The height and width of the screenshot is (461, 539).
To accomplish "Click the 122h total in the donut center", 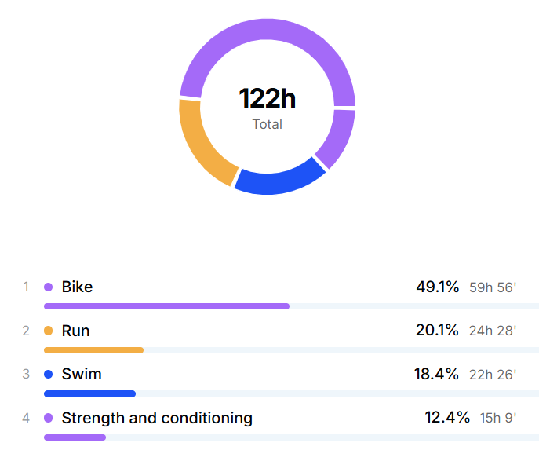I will (267, 99).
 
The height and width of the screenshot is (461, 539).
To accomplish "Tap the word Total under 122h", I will (267, 124).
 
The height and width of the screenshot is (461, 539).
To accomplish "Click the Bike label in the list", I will (77, 287).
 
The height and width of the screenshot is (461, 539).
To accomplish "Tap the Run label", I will (75, 331).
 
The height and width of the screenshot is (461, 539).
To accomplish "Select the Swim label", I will (82, 374).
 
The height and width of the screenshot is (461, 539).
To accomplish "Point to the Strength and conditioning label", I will (157, 418).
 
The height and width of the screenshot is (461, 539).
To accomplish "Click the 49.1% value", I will (437, 287).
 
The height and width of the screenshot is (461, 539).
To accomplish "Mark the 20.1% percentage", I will (437, 331).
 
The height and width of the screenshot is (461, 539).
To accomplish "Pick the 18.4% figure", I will (436, 374).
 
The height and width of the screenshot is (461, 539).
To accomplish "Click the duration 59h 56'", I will (493, 287).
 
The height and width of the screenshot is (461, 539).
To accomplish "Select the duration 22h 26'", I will (493, 375).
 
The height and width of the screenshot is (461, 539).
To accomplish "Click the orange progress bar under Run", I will (93, 349).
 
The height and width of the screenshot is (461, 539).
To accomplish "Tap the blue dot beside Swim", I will (48, 374).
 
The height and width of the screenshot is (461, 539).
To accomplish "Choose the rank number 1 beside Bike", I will (26, 287).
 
